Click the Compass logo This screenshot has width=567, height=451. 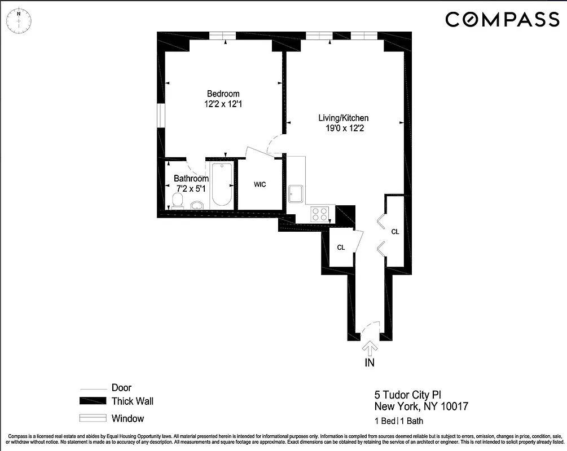tap(502, 20)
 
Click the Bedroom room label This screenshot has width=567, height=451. tap(223, 94)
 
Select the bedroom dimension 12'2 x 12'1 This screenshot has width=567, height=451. tap(223, 104)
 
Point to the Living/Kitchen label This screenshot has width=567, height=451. tap(344, 118)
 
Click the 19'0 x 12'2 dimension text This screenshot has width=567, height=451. tap(344, 129)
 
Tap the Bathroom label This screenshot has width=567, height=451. tap(191, 178)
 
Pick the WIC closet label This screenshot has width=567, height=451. tap(260, 184)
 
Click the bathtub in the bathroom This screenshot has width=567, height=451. tap(221, 185)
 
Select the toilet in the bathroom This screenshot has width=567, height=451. tap(178, 201)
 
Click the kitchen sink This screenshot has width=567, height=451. tap(296, 193)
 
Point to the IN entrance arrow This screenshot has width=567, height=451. tap(370, 348)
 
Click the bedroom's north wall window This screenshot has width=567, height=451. tap(222, 36)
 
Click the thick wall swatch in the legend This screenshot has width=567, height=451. tap(93, 401)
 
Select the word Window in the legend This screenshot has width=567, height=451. tap(128, 418)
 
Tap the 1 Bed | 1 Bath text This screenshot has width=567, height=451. tap(399, 421)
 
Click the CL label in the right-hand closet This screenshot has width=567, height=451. tap(395, 231)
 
